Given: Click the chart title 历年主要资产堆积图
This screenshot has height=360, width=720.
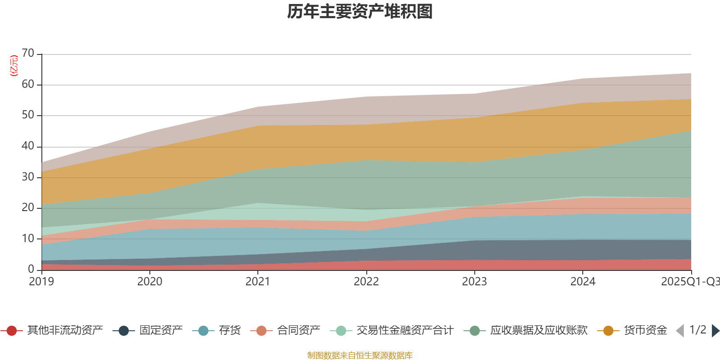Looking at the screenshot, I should click(x=360, y=12).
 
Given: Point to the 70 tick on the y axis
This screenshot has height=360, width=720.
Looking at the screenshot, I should click(x=28, y=54).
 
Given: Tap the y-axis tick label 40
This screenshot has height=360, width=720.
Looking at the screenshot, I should click(x=28, y=146).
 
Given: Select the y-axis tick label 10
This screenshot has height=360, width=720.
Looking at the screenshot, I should click(x=28, y=238).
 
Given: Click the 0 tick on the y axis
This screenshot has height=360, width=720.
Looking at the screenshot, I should click(x=31, y=269).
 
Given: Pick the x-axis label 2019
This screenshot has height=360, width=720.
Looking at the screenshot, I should click(x=41, y=282).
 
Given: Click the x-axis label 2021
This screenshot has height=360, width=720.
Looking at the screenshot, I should click(x=258, y=282).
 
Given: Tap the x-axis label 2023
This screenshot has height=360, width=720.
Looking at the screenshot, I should click(x=474, y=282).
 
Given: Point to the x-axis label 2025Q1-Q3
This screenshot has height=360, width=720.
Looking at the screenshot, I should click(x=690, y=282).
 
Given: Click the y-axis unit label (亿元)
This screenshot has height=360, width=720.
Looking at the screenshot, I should click(x=14, y=66).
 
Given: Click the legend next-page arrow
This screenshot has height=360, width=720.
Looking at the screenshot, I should click(x=715, y=331).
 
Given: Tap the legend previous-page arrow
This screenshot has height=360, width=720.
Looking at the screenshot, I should click(x=680, y=331).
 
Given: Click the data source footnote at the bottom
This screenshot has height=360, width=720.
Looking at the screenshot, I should click(x=360, y=355).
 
